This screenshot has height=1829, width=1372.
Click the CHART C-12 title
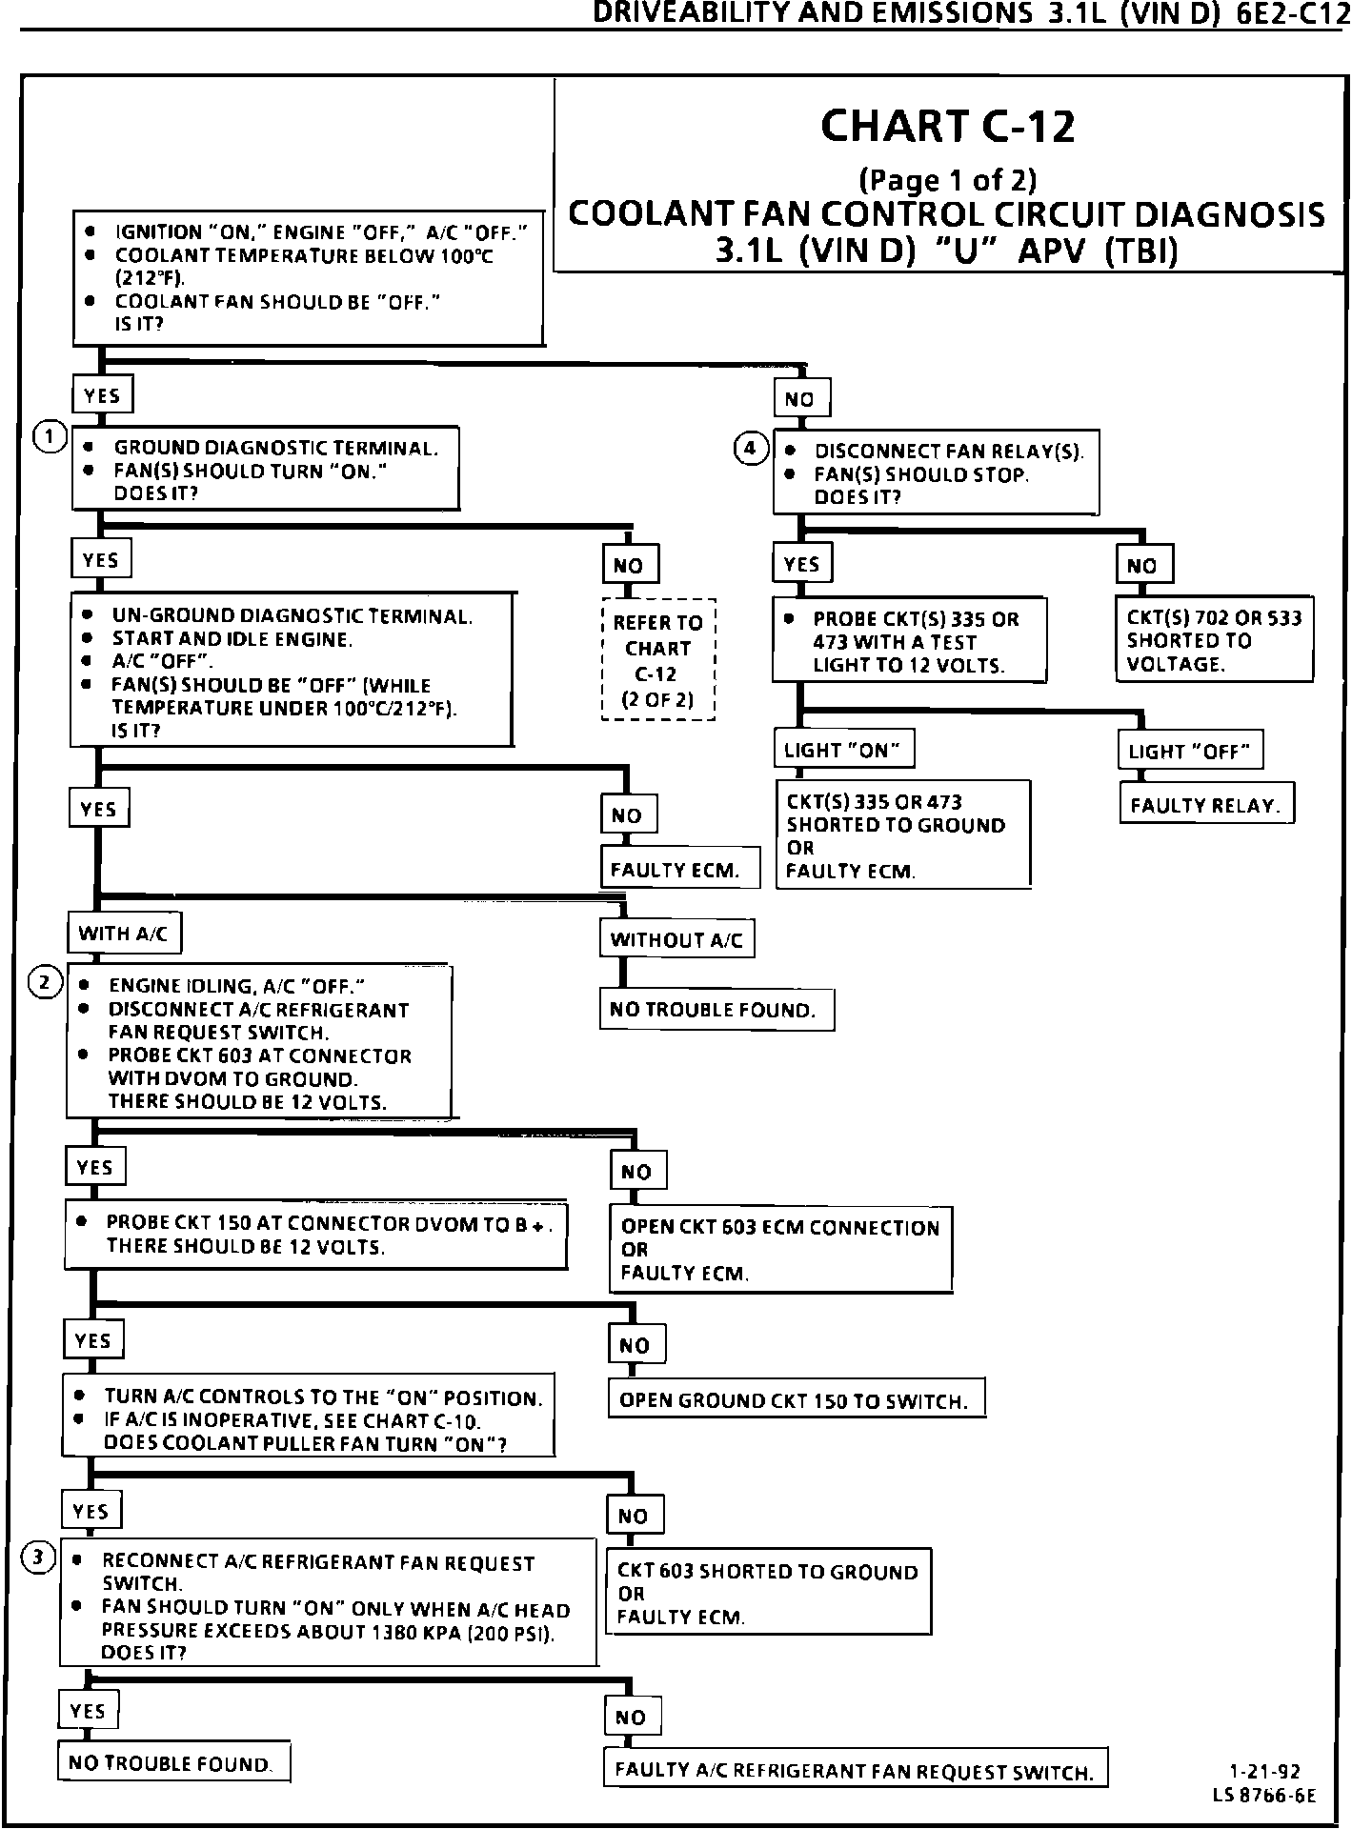click(x=947, y=127)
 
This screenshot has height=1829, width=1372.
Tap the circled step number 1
click(x=49, y=437)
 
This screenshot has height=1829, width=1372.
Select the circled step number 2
click(x=44, y=982)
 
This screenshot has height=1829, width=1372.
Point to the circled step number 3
click(x=38, y=1558)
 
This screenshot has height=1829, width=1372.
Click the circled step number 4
click(x=751, y=447)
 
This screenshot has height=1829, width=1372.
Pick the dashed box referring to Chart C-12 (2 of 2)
click(x=657, y=660)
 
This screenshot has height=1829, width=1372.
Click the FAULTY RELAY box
click(x=1205, y=806)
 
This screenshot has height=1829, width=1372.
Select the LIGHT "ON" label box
click(x=842, y=751)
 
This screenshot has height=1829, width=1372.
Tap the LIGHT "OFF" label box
click(x=1189, y=752)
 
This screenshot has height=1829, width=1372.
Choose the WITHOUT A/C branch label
click(x=676, y=940)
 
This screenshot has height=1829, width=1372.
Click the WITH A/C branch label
click(x=123, y=934)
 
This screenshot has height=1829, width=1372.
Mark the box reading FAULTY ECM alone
click(x=679, y=870)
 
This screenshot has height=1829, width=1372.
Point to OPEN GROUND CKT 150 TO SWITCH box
click(x=795, y=1401)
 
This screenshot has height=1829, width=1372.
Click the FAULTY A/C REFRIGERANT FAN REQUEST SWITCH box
click(x=855, y=1771)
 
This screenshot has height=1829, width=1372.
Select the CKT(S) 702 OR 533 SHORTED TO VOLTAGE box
click(x=1214, y=640)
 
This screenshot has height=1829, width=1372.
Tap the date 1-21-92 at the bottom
click(x=1264, y=1773)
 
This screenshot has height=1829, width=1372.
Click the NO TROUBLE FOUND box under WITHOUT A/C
click(x=716, y=1010)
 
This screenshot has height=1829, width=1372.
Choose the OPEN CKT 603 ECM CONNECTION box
click(x=780, y=1250)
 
